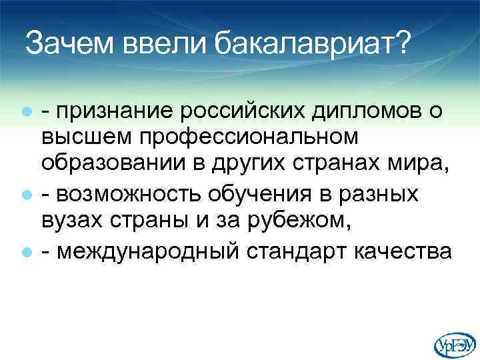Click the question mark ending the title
pyautogui.click(x=402, y=44)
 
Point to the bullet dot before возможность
pyautogui.click(x=26, y=195)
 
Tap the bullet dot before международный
pyautogui.click(x=26, y=253)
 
